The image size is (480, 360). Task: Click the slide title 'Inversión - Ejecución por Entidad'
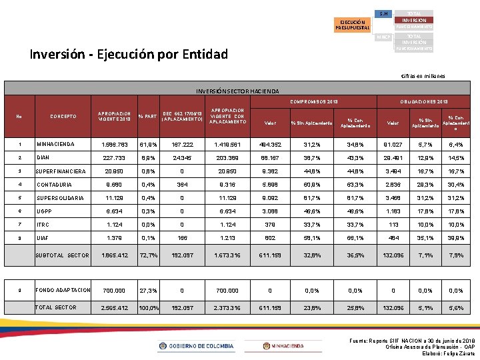coord(129,54)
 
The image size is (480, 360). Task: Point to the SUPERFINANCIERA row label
coord(61,171)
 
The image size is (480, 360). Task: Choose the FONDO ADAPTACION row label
coord(63,290)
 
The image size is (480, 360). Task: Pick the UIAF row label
coord(42,237)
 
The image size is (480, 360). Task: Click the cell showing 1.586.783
coord(111,145)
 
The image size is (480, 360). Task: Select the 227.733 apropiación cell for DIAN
coord(111,158)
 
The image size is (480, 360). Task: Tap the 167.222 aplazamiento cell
coord(181,145)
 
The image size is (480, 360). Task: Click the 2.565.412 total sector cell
coord(111,308)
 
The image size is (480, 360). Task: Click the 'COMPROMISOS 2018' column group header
coord(314,101)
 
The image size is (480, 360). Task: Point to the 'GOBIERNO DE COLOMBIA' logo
coord(196,346)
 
